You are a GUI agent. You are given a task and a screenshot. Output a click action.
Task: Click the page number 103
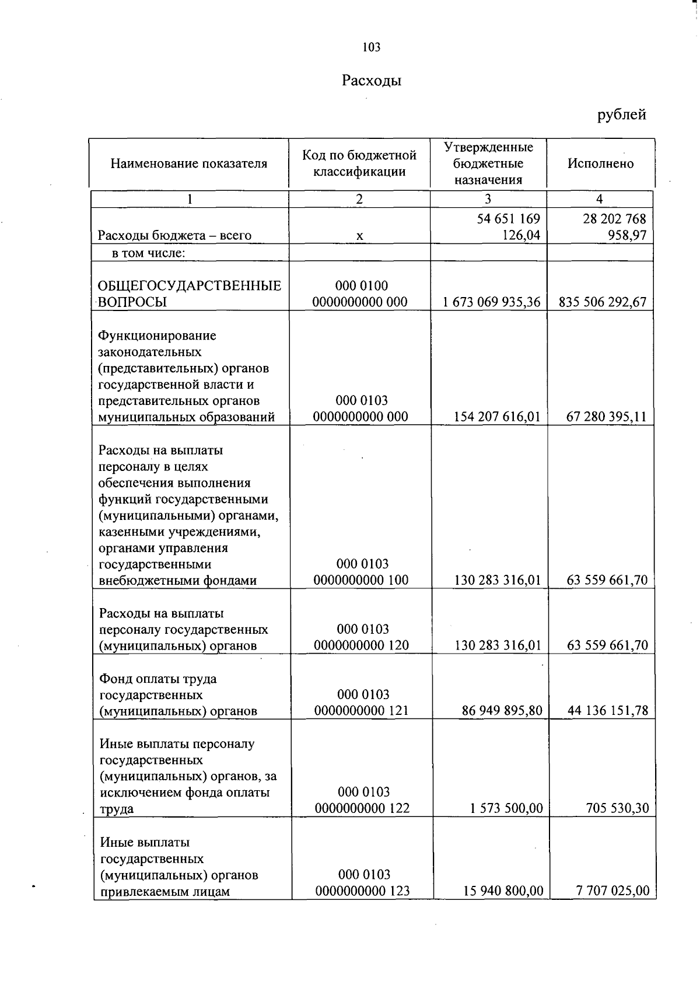pyautogui.click(x=371, y=47)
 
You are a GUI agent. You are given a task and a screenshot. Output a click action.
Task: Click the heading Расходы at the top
pyautogui.click(x=372, y=81)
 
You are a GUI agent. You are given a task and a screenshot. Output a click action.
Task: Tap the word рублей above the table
pyautogui.click(x=621, y=114)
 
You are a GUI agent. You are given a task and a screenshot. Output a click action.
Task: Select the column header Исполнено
pyautogui.click(x=600, y=164)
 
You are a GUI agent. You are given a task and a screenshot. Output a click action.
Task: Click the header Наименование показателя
pyautogui.click(x=189, y=164)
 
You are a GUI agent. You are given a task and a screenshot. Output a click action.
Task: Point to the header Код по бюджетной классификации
pyautogui.click(x=359, y=163)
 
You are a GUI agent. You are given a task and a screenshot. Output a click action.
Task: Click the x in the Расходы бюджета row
pyautogui.click(x=360, y=236)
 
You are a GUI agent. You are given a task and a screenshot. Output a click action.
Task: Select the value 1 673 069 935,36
pyautogui.click(x=491, y=302)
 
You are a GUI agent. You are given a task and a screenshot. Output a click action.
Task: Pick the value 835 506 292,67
pyautogui.click(x=603, y=302)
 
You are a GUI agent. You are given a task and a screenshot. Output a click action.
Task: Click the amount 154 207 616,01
pyautogui.click(x=496, y=417)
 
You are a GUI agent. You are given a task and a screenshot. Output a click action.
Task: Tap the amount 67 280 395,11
pyautogui.click(x=606, y=417)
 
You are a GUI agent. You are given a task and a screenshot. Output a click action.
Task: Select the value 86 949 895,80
pyautogui.click(x=502, y=711)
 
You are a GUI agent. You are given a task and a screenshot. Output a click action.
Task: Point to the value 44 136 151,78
pyautogui.click(x=607, y=711)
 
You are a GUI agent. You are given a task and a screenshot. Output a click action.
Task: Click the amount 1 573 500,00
pyautogui.click(x=506, y=809)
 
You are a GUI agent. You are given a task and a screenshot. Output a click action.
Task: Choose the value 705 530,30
pyautogui.click(x=617, y=809)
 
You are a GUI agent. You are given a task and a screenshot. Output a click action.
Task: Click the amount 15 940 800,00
pyautogui.click(x=503, y=891)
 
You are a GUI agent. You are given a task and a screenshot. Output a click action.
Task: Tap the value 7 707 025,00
pyautogui.click(x=612, y=891)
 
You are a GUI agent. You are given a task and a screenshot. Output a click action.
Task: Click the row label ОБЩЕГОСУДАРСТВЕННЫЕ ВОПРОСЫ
pyautogui.click(x=189, y=294)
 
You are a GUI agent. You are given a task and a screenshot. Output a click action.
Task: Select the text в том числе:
pyautogui.click(x=148, y=253)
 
